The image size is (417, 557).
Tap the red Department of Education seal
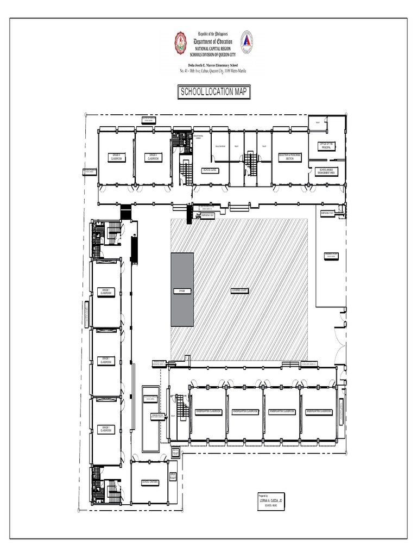point(181,41)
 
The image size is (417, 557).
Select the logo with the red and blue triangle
point(247,41)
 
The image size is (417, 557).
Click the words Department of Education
point(214,41)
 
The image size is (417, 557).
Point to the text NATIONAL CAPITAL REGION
point(214,49)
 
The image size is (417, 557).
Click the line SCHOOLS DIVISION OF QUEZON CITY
point(214,54)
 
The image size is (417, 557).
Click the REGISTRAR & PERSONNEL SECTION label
point(289,157)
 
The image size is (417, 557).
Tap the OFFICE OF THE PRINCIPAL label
point(326,146)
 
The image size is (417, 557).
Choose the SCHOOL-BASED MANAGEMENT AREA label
point(326,171)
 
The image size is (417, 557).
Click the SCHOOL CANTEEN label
point(149,482)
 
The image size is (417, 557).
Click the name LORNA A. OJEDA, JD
point(271,500)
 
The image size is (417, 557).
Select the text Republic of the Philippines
point(214,34)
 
